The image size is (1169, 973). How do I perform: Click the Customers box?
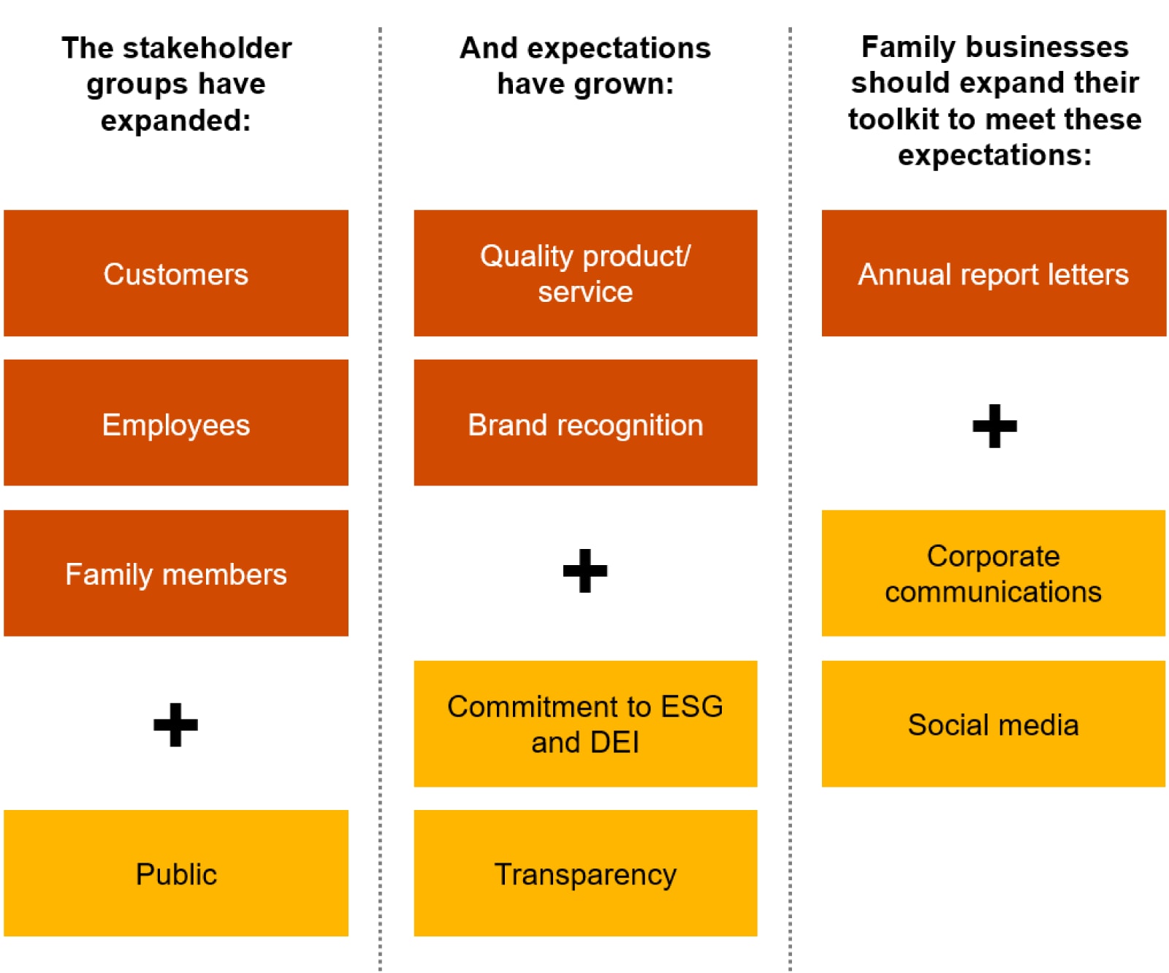175,273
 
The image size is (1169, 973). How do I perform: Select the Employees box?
175,423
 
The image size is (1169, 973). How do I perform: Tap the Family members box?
175,573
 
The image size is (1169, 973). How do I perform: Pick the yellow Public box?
175,873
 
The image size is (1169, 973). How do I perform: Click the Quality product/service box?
584,273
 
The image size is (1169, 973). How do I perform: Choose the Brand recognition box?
584,423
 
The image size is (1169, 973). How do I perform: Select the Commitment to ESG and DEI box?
584,724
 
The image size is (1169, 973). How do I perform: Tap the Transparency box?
584,873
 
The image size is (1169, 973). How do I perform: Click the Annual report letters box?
993,273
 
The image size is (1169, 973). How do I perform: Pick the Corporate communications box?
993,573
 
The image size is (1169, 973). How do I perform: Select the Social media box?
993,724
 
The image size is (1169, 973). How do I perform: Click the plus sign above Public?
175,724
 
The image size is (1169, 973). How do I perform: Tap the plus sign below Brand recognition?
584,570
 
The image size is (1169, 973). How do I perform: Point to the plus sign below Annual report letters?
994,425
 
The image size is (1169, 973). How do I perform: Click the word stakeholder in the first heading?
207,48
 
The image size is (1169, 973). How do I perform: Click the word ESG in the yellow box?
691,707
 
